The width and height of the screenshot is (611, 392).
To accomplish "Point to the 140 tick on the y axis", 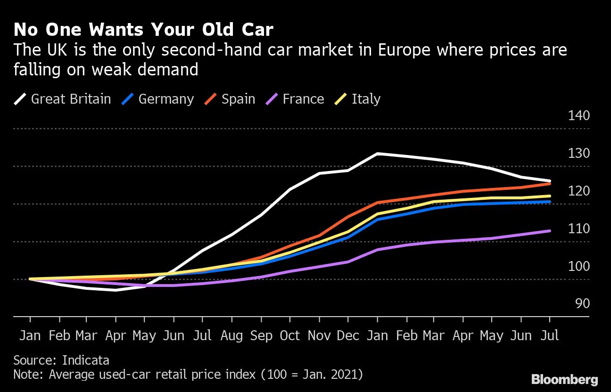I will [578, 115].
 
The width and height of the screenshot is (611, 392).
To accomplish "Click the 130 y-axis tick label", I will [578, 153].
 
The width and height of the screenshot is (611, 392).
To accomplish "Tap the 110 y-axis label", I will [578, 229].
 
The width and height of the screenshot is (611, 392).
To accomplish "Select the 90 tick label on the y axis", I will [583, 303].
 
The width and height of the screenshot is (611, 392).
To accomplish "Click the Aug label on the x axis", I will [231, 335].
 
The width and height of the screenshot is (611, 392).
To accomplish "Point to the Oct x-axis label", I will [289, 335].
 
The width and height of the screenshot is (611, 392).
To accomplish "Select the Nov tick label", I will [319, 335].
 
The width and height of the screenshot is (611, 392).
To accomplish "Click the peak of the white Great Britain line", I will [377, 154].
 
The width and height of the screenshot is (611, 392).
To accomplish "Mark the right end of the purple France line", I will [550, 231].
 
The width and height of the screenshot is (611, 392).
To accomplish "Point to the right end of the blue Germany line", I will [550, 202].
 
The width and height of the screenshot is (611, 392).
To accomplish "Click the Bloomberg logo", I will [565, 380].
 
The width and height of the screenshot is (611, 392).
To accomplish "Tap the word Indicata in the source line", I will [86, 361].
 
